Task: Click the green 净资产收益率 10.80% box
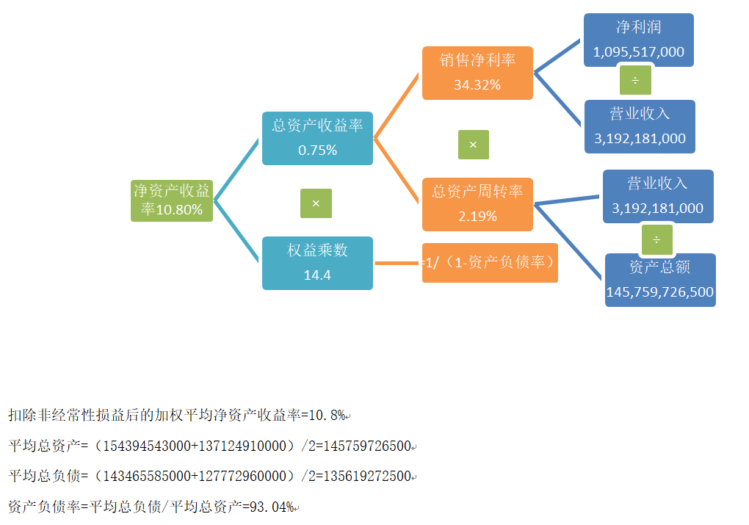coord(172,200)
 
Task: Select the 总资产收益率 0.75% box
coord(317,138)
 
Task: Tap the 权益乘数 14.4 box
coord(317,263)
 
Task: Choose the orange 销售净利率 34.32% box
coord(477,73)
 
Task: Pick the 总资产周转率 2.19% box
coord(477,204)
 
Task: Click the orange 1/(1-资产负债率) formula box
coord(491,262)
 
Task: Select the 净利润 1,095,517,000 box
coord(639,40)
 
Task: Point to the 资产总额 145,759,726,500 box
coord(660,280)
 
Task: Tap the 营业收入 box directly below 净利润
coord(640,126)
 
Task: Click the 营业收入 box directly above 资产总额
coord(658,196)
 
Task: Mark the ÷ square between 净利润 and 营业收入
coord(635,79)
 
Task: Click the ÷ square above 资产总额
coord(656,239)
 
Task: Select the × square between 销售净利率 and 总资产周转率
coord(473,145)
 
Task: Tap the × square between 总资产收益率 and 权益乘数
coord(316,203)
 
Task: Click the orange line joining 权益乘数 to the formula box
coord(397,263)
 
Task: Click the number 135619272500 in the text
coord(369,477)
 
